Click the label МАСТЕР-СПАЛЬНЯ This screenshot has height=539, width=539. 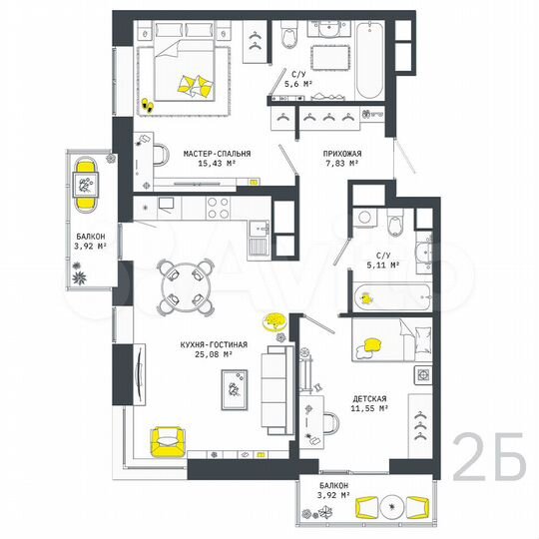tap(217, 153)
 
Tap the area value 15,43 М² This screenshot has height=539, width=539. tap(217, 164)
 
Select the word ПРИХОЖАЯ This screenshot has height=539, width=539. tap(341, 153)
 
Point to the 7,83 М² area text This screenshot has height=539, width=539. tap(341, 164)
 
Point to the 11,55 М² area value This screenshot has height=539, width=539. tap(369, 408)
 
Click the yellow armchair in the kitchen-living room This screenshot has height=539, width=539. tap(168, 439)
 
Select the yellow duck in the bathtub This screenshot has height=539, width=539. tap(368, 296)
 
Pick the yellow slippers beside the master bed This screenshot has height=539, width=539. tap(147, 103)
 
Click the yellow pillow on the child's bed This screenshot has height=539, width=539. tap(374, 344)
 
